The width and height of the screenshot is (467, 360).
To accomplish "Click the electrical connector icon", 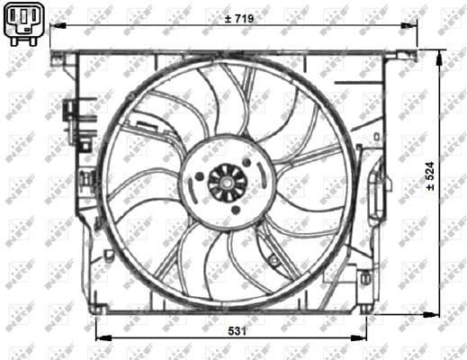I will point(22,25).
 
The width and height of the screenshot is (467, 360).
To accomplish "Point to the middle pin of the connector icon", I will point(22,19).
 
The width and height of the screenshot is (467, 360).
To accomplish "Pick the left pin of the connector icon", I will point(13,20).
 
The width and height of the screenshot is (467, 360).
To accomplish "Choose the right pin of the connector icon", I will point(31,20).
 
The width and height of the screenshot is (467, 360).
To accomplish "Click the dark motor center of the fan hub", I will point(227,183).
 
